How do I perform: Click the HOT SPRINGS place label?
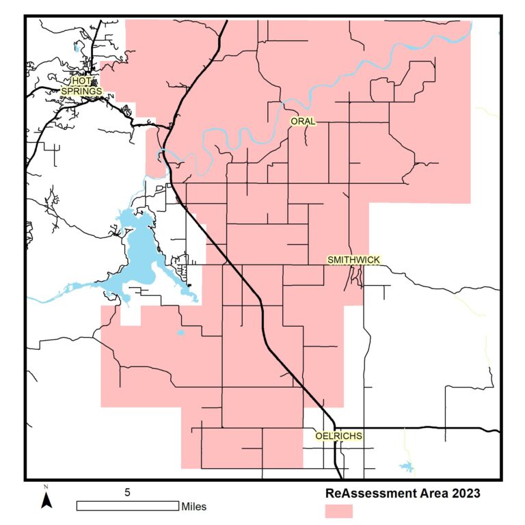tap(81, 85)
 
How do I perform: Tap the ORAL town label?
tap(303, 122)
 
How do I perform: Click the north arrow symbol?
tap(46, 500)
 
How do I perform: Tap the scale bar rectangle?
tap(127, 506)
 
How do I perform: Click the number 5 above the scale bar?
tap(127, 492)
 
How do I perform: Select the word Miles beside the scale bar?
tap(193, 507)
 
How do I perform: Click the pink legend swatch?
tap(338, 511)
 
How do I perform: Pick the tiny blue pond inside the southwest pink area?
tap(180, 333)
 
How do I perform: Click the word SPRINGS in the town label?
tap(81, 90)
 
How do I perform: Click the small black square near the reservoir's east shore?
tap(189, 284)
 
